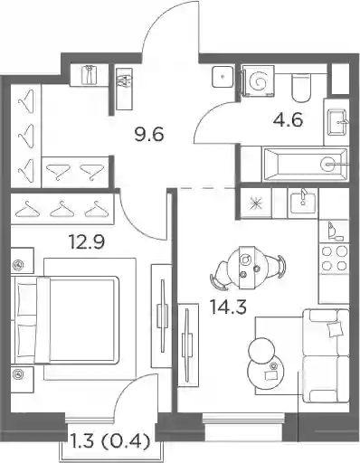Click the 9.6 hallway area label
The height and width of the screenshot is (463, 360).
point(149,134)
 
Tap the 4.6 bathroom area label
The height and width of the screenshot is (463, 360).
point(288,119)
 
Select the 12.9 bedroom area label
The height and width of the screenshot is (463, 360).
point(87,241)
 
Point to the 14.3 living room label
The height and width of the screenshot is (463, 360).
point(229,307)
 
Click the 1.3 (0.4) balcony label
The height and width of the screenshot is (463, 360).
point(109,442)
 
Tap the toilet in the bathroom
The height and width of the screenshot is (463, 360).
point(301,89)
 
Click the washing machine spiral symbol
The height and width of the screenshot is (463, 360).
point(258,81)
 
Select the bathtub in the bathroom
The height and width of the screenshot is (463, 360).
point(306,165)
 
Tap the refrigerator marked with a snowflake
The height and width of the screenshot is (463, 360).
point(256,203)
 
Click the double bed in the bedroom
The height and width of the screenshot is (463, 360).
point(67,320)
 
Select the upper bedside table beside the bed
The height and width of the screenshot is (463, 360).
point(22,260)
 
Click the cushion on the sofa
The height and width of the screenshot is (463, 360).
point(336,328)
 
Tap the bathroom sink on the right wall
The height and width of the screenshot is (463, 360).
point(337,122)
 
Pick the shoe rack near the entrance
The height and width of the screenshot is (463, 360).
point(124,89)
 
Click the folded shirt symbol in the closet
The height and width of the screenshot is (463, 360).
point(89,74)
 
